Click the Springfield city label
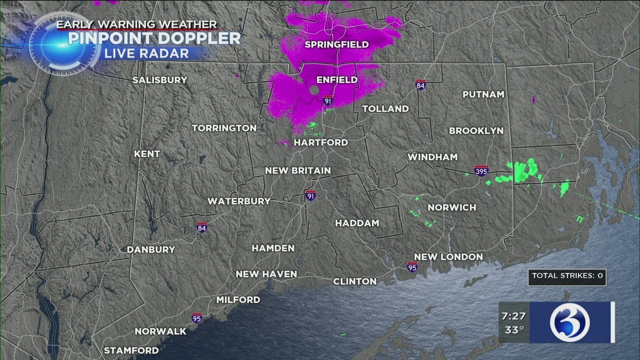click(x=336, y=44)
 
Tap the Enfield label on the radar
click(x=337, y=79)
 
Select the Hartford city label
click(x=320, y=142)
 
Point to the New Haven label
click(x=266, y=274)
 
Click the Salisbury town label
click(x=159, y=80)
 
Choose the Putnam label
click(x=483, y=94)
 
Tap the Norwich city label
click(x=452, y=207)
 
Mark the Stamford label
click(x=131, y=350)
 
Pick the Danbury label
click(x=151, y=249)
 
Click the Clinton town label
click(x=355, y=281)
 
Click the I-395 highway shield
click(x=481, y=171)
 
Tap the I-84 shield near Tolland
click(x=421, y=85)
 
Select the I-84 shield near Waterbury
click(x=201, y=228)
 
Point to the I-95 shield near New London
click(x=412, y=266)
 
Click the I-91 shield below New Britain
click(x=310, y=195)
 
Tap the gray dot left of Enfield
click(x=314, y=90)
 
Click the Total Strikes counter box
click(x=567, y=275)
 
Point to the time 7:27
click(x=513, y=316)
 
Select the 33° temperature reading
click(x=513, y=329)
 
